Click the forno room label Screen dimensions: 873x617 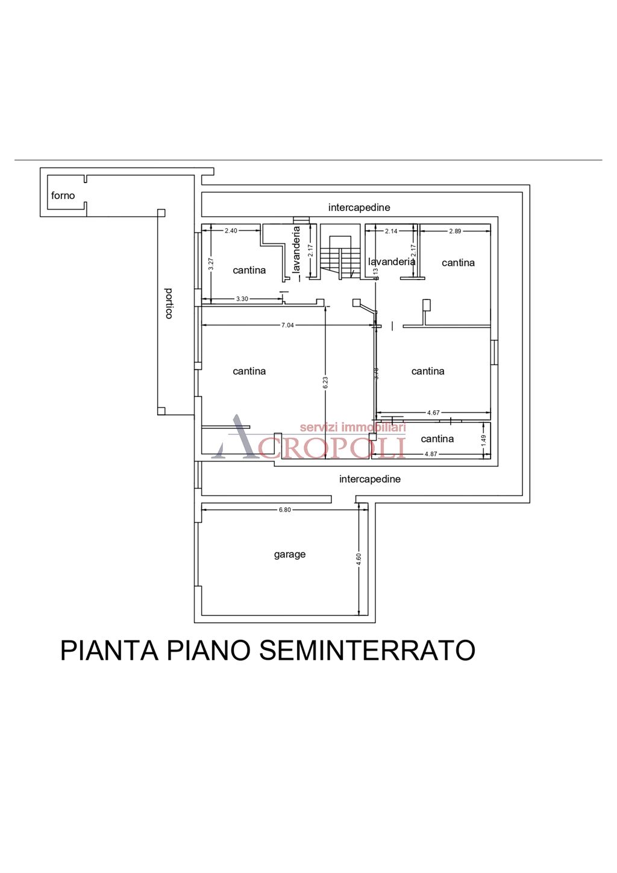click(63, 195)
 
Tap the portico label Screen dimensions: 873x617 click(169, 303)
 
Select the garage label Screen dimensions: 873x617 click(290, 554)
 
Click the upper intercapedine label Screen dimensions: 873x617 click(359, 207)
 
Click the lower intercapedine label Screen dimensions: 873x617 click(370, 479)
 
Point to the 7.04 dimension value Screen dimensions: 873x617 click(287, 325)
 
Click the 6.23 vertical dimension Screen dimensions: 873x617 click(325, 383)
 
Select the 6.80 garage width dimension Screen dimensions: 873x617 click(284, 510)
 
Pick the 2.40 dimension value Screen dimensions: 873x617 click(231, 231)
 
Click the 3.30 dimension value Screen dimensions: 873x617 click(242, 299)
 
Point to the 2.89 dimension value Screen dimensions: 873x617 click(455, 231)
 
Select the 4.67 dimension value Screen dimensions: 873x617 click(433, 413)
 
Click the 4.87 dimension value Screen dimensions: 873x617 click(431, 454)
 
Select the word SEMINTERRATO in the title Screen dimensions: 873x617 click(367, 651)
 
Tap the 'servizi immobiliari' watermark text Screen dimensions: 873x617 click(352, 427)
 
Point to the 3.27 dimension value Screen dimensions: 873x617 click(211, 263)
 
